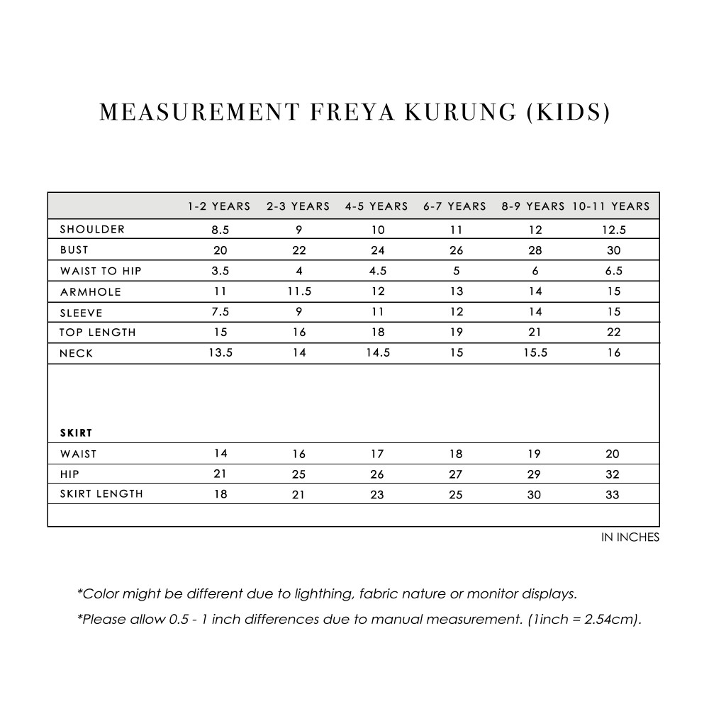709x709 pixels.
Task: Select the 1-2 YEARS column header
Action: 219,206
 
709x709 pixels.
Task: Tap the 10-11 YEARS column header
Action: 610,206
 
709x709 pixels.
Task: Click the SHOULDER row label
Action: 92,229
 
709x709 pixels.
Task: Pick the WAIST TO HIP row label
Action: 101,271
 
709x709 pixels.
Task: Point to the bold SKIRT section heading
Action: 77,432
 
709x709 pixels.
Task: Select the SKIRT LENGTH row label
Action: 101,494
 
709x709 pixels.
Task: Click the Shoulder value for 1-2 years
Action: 220,230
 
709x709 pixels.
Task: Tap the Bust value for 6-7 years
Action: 456,250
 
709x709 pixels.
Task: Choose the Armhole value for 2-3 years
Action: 298,291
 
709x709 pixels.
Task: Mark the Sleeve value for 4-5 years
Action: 377,312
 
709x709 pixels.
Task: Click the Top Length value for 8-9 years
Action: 535,333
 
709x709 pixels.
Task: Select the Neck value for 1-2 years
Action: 220,353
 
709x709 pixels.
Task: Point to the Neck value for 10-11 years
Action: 613,353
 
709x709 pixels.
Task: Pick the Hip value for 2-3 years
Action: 298,474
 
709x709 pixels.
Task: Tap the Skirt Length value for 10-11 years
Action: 613,495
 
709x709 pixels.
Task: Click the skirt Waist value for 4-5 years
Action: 377,454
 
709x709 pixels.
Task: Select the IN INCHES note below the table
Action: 630,537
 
